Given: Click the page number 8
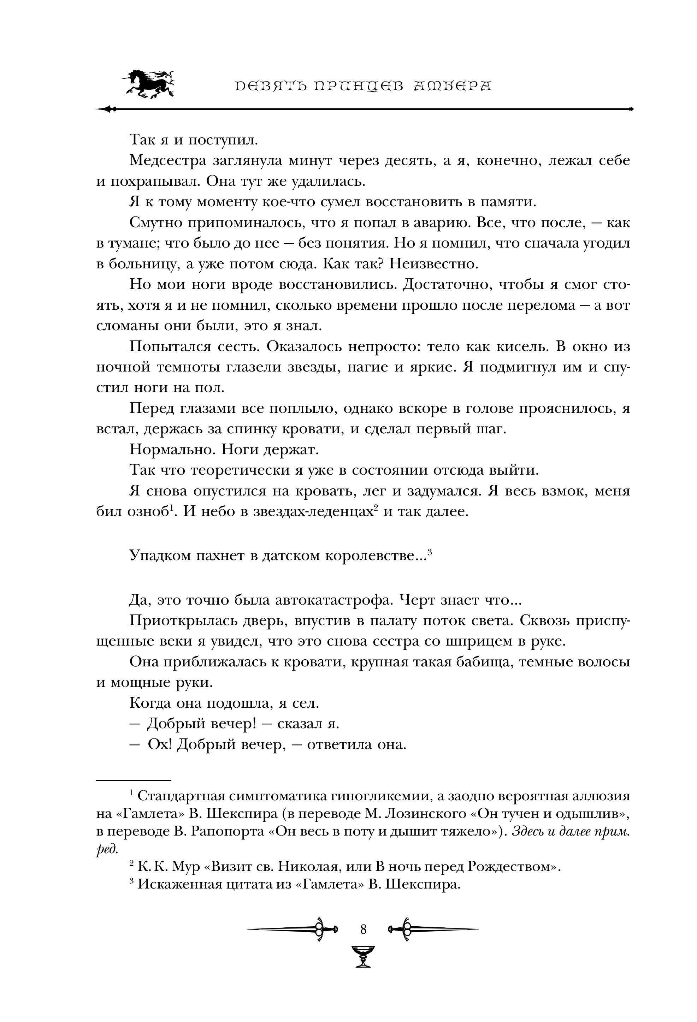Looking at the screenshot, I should click(x=363, y=929).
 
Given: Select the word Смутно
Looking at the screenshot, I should click(x=155, y=223).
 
